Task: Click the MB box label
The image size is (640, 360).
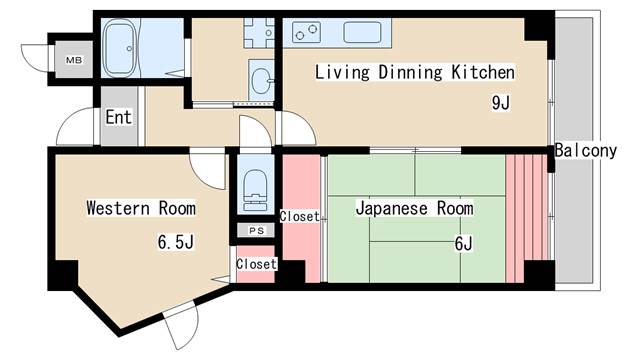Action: coord(74,60)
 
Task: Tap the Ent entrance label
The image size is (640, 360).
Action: coord(118,117)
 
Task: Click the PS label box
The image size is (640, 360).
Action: coord(255,230)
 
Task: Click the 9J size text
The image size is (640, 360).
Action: coord(499,102)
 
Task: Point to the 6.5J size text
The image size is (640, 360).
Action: coord(176,242)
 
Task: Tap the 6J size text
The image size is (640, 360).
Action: coord(462,243)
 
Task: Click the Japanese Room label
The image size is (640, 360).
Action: coord(414,209)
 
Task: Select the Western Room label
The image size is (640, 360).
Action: coord(140,209)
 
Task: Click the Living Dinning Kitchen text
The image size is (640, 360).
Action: coord(414,73)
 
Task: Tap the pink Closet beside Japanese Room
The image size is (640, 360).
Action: coord(300,217)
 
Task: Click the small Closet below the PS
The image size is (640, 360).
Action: coord(255,265)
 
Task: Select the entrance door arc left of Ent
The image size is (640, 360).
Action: coord(76,130)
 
